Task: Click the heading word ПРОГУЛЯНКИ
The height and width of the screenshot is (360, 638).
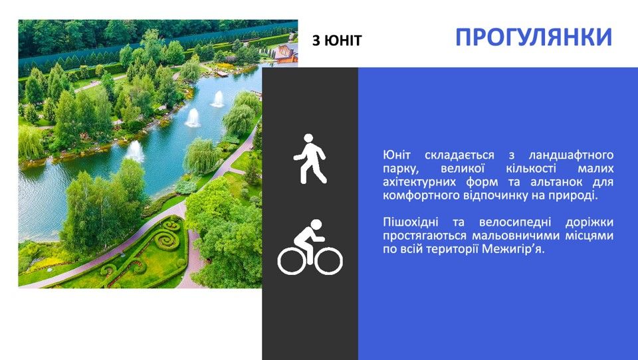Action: pos(534,37)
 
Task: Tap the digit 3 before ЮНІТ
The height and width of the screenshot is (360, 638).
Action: pos(316,41)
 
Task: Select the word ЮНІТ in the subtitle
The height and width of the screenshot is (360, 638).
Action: pos(343,41)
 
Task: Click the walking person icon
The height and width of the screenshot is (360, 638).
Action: pos(310,159)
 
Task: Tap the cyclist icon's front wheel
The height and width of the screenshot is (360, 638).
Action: pos(328,261)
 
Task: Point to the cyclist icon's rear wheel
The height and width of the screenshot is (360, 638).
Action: pos(292,261)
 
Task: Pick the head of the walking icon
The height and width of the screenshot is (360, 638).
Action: pos(309,139)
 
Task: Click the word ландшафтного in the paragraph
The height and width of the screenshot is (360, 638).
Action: pos(571,155)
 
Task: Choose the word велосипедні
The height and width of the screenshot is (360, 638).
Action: pos(515,222)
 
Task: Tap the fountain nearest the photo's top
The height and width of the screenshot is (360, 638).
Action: pos(218,99)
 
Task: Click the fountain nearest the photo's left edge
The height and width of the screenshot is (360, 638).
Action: pos(135,151)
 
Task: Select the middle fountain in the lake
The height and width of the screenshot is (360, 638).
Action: pos(193,118)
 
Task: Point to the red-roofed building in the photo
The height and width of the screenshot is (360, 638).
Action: pos(286,53)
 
